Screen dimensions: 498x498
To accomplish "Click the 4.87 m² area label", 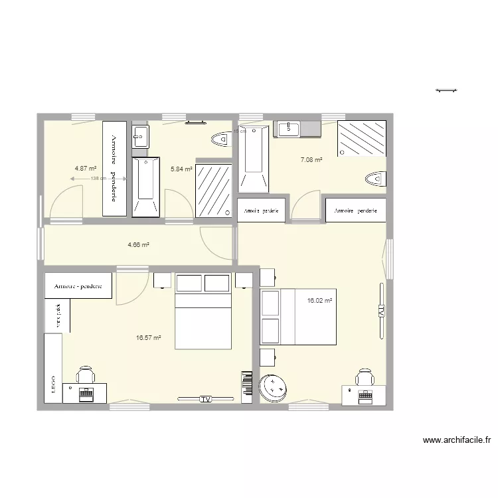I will [x=86, y=169].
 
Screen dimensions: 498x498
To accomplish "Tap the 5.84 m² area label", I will [x=181, y=169].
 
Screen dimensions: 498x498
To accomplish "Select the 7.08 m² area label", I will [x=311, y=160].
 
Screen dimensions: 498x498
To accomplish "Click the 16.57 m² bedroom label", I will [x=149, y=338].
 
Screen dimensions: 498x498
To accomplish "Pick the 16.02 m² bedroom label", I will [x=319, y=301].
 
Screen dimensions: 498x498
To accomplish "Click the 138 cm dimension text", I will [x=98, y=179].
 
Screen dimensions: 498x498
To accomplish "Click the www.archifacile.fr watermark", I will [x=457, y=440].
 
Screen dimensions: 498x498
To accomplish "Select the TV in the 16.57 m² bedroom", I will [x=205, y=398].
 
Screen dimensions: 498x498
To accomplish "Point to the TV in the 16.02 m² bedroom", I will [x=381, y=311].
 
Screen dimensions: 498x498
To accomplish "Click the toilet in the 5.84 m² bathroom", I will [x=220, y=139].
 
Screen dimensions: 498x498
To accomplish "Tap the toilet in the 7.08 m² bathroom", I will [x=376, y=179].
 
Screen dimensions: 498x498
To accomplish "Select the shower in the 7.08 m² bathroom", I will [x=361, y=139].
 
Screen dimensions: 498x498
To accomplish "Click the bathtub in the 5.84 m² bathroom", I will [x=145, y=187].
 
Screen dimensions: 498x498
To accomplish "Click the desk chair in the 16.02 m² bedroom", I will [x=365, y=378].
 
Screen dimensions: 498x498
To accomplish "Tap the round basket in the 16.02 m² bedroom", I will [x=273, y=388].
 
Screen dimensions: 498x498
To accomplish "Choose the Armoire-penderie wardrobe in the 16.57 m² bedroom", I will [x=78, y=286].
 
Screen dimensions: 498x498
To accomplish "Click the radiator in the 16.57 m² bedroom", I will [x=245, y=386].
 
